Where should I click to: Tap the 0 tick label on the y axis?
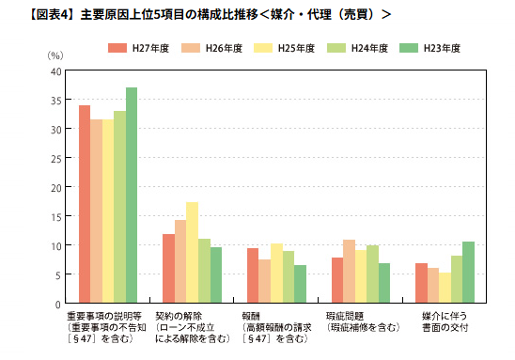coord(58,303)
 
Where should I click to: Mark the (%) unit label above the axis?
coord(55,56)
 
